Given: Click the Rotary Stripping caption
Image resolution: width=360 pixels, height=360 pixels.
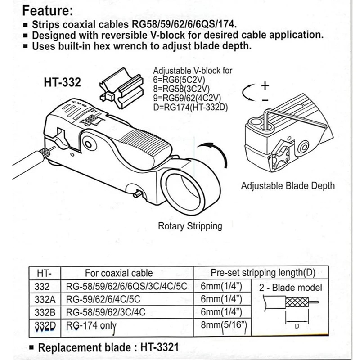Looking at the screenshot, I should point(190,226).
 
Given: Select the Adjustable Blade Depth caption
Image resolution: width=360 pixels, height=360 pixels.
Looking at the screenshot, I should point(288,185).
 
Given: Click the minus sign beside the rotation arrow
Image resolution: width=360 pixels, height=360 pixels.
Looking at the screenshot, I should point(265,99).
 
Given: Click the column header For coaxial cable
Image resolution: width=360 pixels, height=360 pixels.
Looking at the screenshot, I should point(119,273).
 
